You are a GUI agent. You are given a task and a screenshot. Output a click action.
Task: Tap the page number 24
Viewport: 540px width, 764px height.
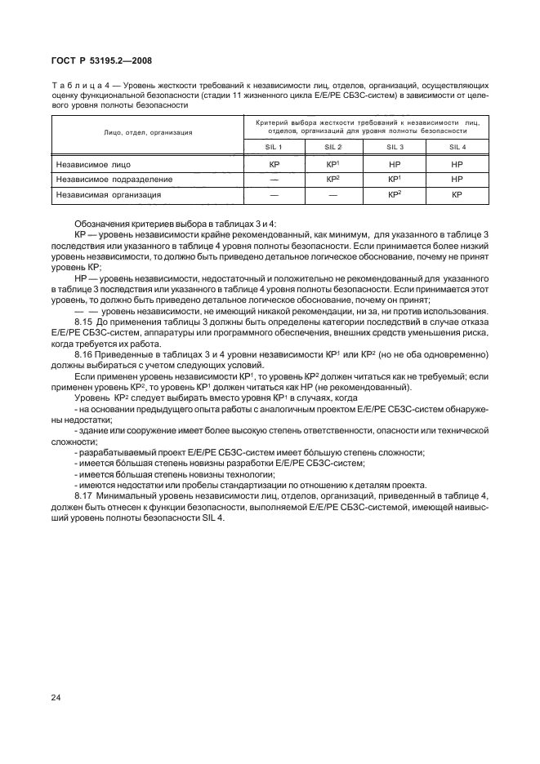tap(57, 697)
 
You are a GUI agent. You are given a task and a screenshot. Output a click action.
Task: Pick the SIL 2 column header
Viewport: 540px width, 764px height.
tap(332, 147)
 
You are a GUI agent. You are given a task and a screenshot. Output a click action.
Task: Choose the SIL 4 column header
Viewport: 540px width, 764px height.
tap(457, 147)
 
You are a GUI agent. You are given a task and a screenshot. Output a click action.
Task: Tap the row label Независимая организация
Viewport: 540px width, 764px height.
tap(109, 195)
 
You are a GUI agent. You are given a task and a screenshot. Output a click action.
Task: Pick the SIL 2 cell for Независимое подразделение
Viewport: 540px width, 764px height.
tap(332, 179)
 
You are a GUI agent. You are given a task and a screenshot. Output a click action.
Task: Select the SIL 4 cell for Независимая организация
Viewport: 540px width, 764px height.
tap(457, 195)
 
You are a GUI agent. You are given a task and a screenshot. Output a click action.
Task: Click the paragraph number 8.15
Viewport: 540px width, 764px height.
tap(85, 325)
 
